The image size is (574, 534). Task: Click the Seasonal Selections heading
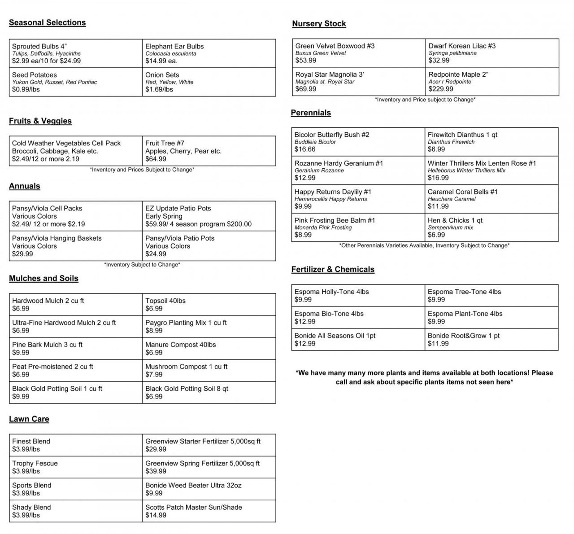pos(47,23)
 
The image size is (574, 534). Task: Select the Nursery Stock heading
pos(319,24)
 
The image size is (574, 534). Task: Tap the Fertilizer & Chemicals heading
pos(333,269)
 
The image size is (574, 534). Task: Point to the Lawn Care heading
pos(29,419)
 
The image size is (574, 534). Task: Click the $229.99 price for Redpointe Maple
pos(441,89)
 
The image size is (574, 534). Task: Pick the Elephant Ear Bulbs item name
pos(174,46)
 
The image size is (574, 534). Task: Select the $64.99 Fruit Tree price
pos(156,159)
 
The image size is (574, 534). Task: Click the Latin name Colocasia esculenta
pos(171,53)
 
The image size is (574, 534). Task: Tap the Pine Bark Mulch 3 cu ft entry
pos(47,345)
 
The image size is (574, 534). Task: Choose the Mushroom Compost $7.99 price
pos(154,374)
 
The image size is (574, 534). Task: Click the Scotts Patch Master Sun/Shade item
pos(194,507)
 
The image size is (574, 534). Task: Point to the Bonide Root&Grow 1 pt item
pos(464,336)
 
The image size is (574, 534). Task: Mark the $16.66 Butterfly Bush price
pos(305,149)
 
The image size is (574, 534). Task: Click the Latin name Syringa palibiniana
pos(452,53)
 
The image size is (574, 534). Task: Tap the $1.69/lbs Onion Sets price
pos(159,89)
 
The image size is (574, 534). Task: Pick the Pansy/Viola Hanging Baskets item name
pos(57,238)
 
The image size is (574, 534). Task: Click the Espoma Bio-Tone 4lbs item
pos(329,314)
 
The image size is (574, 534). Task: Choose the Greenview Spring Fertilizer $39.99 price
pos(156,471)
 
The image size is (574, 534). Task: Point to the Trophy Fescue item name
pos(35,464)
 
